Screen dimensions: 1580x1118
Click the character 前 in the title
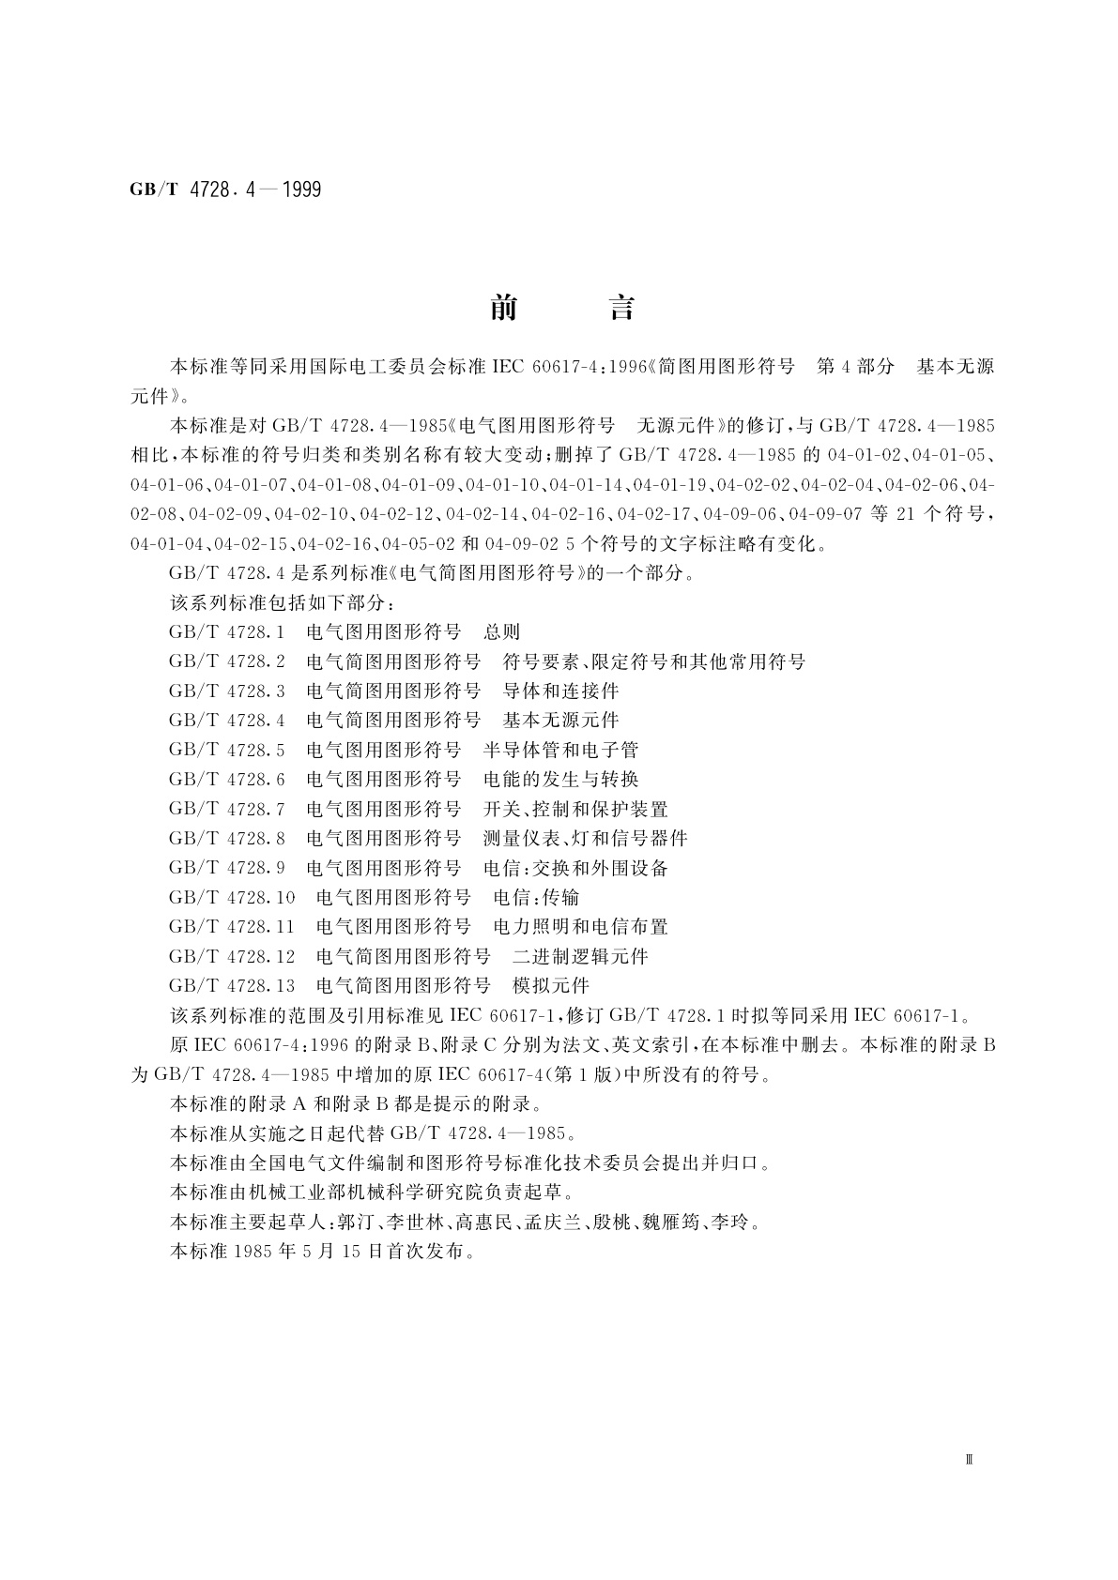(x=504, y=308)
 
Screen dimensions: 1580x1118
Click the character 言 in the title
(x=621, y=308)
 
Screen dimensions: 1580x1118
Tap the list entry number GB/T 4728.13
(x=232, y=986)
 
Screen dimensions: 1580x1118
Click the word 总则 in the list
(x=501, y=632)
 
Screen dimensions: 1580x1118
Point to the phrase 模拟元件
(x=550, y=986)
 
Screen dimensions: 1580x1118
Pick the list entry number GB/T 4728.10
(x=232, y=898)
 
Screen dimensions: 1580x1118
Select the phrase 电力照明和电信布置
(x=580, y=927)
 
